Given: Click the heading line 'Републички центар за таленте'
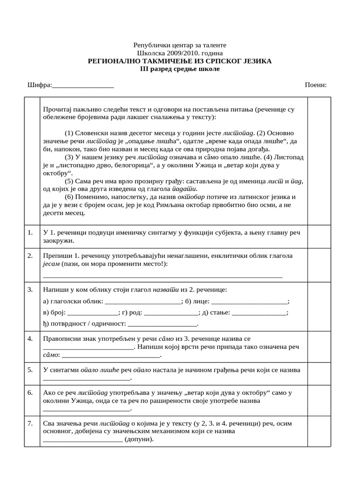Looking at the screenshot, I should point(180,45).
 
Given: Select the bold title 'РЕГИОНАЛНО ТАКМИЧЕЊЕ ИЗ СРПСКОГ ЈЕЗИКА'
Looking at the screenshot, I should point(180,61).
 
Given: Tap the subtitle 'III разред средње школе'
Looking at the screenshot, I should point(180,69).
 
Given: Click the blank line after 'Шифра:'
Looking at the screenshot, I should point(83,85).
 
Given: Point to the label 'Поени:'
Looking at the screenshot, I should point(315,85).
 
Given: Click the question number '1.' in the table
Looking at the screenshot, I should point(30,232).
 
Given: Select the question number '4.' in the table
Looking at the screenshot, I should point(30,338).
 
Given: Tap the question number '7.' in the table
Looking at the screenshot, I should point(30,423).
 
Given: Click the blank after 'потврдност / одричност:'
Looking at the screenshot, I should point(162,324).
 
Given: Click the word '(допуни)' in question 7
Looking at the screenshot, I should point(139,440).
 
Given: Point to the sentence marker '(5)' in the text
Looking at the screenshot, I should point(69,181).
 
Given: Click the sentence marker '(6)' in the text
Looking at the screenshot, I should point(69,197).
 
